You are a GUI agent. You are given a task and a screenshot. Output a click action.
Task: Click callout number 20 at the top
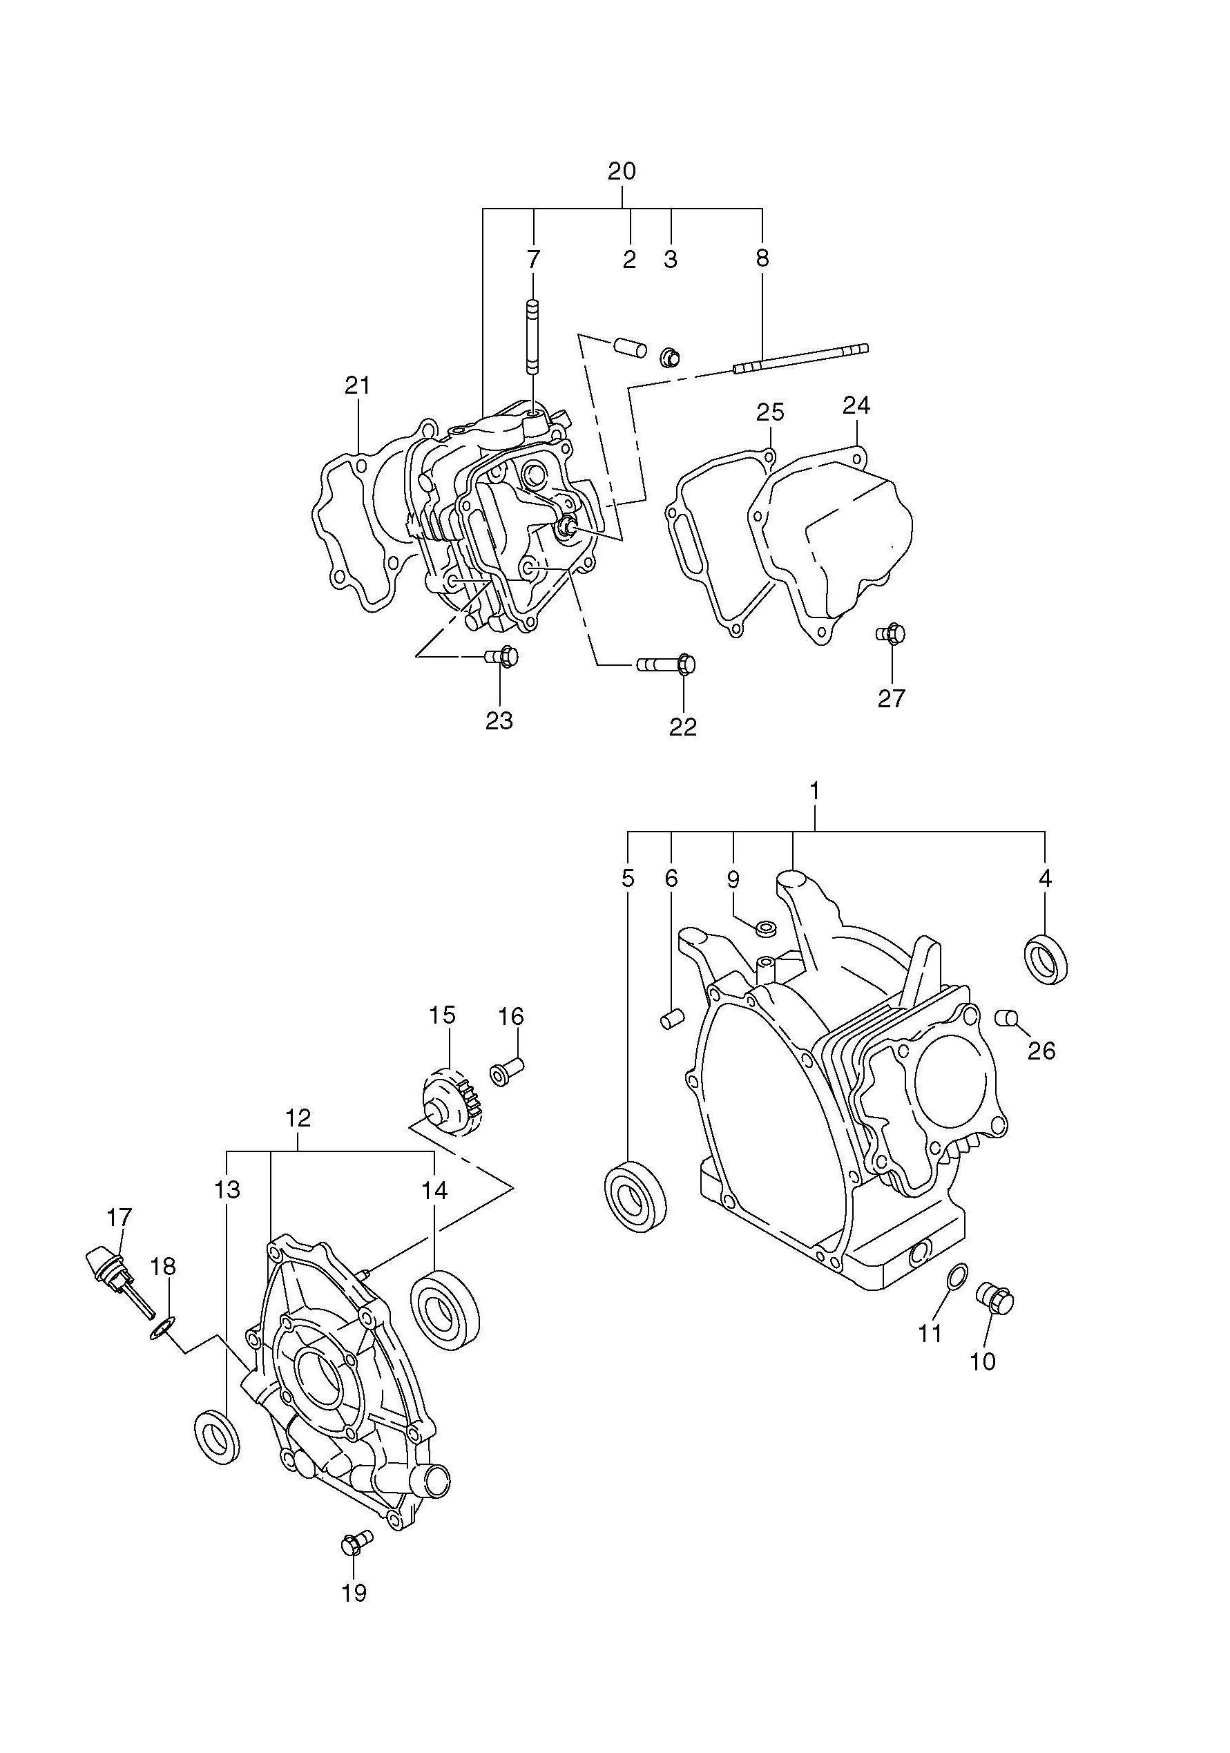pos(622,171)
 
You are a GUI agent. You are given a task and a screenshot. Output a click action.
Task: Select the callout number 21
pos(356,385)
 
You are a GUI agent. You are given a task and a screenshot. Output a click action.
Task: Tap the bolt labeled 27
pos(891,633)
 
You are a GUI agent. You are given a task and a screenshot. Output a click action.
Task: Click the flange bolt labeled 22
pos(666,665)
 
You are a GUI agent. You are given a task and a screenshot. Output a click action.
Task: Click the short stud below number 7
pos(532,335)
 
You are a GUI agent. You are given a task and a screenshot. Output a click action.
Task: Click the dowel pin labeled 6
pos(670,1020)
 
